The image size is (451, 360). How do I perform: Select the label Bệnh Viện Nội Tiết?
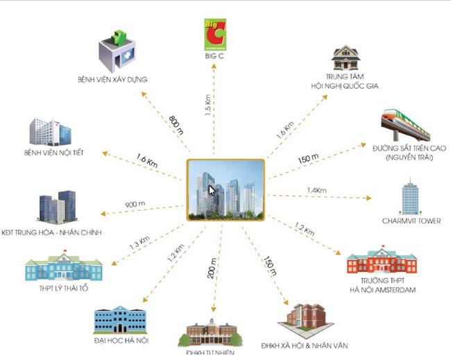click(x=53, y=153)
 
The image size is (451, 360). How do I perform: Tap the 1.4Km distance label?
click(x=316, y=189)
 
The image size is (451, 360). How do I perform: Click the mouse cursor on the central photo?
click(x=212, y=190)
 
